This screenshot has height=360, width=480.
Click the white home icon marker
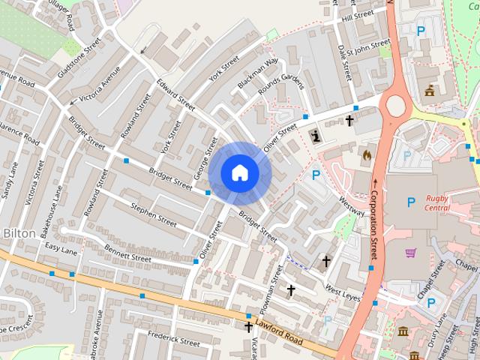[x=239, y=173]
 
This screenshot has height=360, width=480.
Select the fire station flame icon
[x=366, y=154]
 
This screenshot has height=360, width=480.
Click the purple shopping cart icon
[x=410, y=253]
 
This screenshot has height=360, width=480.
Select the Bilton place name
[x=19, y=233]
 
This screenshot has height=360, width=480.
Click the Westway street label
[x=351, y=205]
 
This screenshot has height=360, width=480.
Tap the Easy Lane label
[x=61, y=247]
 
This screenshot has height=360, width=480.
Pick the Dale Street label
[x=344, y=61]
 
